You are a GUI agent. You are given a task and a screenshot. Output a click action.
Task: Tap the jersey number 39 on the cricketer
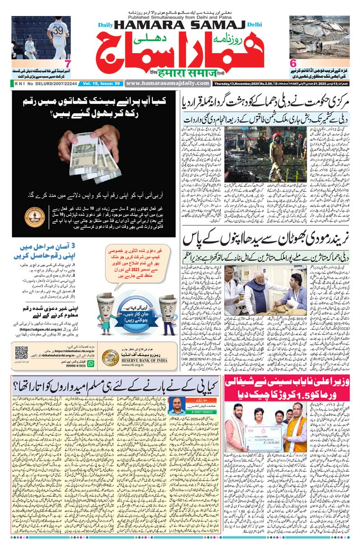coord(58,30)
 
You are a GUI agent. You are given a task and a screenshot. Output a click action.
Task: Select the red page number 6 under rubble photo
coord(293,64)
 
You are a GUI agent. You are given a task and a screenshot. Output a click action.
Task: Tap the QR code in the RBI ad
coord(21,353)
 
